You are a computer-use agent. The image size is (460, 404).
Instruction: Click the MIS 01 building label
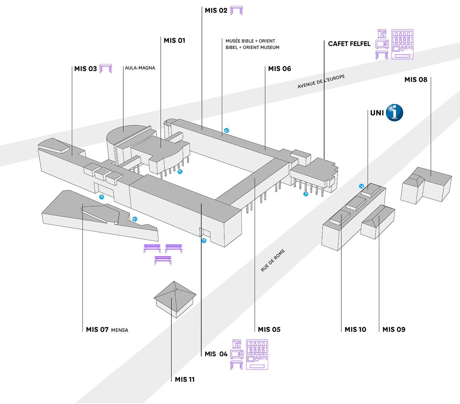tap(175, 41)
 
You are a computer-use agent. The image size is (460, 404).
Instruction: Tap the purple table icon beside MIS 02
tap(236, 10)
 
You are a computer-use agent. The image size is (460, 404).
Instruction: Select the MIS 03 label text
tap(85, 69)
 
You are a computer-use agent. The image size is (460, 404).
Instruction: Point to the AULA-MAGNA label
tap(140, 68)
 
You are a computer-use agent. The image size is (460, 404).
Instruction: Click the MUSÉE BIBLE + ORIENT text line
tap(250, 41)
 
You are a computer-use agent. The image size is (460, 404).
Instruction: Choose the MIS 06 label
tap(279, 69)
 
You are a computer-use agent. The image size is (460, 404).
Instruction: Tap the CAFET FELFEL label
tap(349, 44)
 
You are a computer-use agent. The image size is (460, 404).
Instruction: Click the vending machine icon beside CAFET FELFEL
tap(402, 44)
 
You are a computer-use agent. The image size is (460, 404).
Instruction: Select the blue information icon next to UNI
tap(394, 113)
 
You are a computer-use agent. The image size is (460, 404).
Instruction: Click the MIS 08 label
tap(416, 80)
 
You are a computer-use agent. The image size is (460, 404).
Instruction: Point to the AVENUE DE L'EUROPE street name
tap(321, 82)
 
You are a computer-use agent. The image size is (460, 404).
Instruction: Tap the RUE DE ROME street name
tap(273, 260)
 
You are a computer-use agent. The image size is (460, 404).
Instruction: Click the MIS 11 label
tap(185, 380)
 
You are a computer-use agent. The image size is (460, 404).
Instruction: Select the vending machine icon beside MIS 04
tap(257, 355)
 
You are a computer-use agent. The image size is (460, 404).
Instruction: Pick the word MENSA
tap(120, 330)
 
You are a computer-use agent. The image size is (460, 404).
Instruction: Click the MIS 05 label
tap(269, 330)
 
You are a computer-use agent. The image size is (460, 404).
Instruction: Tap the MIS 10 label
tap(355, 330)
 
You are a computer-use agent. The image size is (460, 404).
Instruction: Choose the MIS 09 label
tap(394, 330)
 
